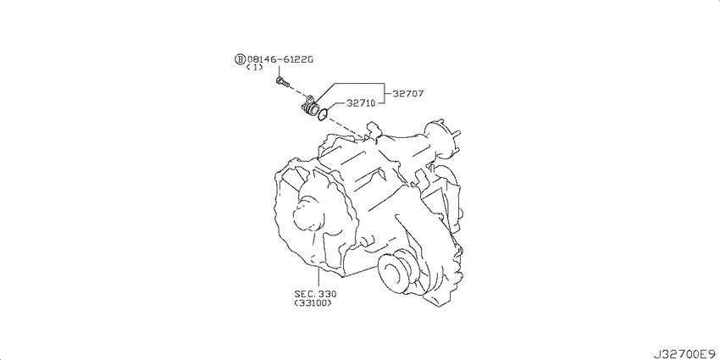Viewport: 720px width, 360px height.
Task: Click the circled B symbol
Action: click(x=241, y=59)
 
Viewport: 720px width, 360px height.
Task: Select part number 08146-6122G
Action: click(x=280, y=59)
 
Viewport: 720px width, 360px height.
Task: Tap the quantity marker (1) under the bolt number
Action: click(x=254, y=68)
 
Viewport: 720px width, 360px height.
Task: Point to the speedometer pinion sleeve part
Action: click(x=309, y=108)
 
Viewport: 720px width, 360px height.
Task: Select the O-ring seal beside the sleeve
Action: click(x=324, y=114)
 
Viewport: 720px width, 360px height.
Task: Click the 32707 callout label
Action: click(x=407, y=94)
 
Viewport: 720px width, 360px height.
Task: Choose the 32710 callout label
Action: click(x=361, y=103)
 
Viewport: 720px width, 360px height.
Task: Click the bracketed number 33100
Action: click(x=313, y=303)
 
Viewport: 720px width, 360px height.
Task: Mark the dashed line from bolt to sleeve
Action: click(x=296, y=91)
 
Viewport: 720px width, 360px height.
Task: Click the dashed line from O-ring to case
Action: click(x=346, y=128)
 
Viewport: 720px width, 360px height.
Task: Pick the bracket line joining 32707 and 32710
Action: click(x=385, y=94)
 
